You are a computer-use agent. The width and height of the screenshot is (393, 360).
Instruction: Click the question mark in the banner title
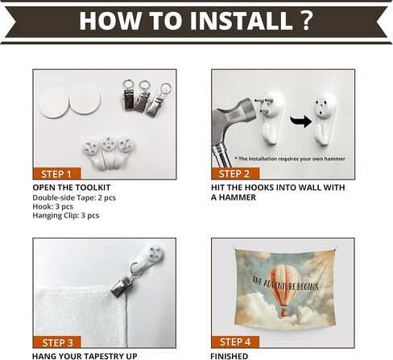pos(307,20)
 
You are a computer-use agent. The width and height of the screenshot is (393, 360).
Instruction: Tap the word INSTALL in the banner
pos(241,21)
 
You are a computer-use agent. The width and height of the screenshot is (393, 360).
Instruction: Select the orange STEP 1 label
pos(56,174)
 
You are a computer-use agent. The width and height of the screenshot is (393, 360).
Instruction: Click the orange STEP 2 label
pos(235,173)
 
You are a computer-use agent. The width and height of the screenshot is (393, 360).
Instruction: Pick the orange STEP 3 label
pos(56,342)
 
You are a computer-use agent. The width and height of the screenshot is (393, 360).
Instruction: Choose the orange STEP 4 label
pos(235,341)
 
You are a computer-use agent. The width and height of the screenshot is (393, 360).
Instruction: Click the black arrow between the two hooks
pos(301,122)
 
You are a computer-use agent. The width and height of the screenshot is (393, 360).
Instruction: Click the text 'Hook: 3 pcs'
pos(53,206)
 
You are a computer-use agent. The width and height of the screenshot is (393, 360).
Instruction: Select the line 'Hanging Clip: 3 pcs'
pos(66,215)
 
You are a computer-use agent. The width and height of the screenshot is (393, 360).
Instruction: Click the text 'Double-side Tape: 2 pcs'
pos(74,197)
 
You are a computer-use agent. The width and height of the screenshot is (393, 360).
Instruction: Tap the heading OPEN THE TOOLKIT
pos(72,188)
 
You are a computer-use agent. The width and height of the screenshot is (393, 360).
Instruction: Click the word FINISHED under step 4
pos(230,356)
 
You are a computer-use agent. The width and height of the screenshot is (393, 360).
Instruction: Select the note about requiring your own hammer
pos(290,159)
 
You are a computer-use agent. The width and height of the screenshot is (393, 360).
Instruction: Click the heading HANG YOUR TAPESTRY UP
pos(85,356)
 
